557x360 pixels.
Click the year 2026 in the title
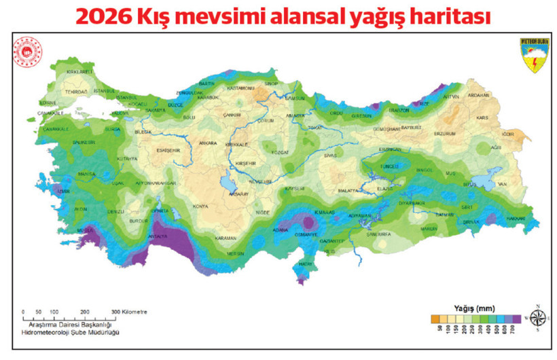point(103,16)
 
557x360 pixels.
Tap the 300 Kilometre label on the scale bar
point(129,312)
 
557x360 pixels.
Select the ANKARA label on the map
point(207,143)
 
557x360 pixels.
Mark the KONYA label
point(200,206)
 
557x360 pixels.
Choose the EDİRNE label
point(29,103)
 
